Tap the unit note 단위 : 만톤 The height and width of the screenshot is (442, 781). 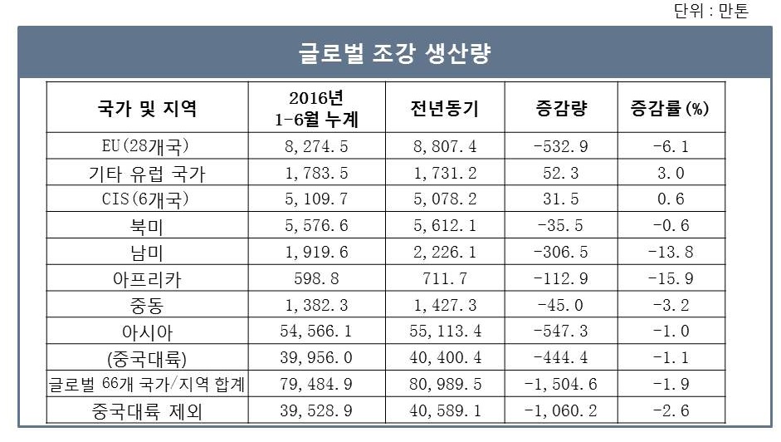tap(712, 11)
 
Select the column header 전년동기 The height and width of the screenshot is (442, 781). tap(445, 108)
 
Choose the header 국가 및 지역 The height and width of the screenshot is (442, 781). tap(147, 108)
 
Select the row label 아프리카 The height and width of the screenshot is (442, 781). tap(147, 279)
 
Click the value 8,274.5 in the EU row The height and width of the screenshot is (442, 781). tap(316, 147)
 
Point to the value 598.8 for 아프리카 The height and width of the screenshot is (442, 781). tap(316, 279)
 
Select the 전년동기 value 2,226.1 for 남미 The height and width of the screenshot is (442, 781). tap(445, 253)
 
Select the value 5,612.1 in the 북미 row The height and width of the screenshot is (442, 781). tap(445, 227)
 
